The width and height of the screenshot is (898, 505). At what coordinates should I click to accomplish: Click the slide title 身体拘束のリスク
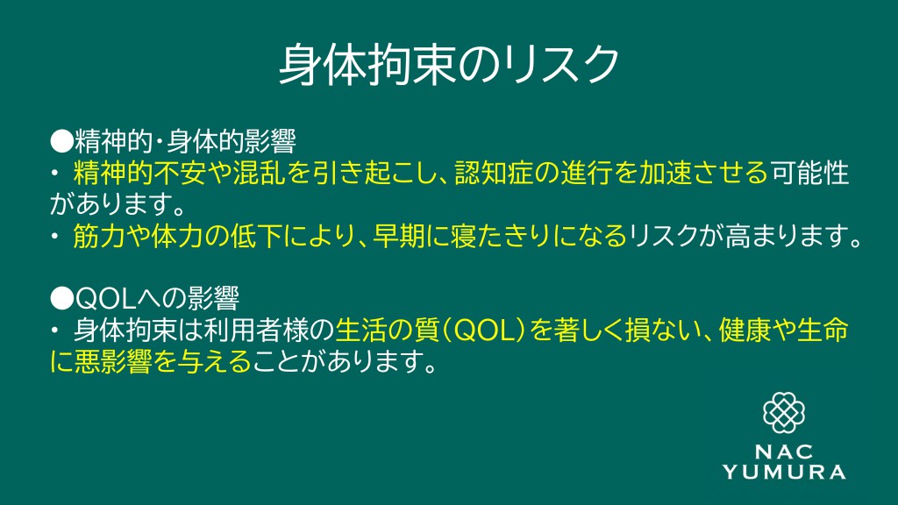(449, 65)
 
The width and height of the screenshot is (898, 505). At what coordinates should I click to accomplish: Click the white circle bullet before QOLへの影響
(62, 298)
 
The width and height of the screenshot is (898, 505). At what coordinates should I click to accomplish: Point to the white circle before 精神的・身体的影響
(62, 141)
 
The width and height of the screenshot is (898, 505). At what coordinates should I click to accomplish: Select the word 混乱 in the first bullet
(259, 173)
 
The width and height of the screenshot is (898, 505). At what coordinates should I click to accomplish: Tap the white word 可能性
(809, 173)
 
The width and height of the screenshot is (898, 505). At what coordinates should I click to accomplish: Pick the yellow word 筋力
(99, 236)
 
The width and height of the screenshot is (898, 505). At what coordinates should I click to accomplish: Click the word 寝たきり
(502, 236)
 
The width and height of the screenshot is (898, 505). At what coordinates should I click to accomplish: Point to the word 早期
(398, 236)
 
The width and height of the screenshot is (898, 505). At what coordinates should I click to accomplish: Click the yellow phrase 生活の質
(387, 330)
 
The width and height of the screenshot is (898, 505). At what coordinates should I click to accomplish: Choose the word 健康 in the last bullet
(745, 330)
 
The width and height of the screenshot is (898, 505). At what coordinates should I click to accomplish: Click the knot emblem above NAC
(784, 413)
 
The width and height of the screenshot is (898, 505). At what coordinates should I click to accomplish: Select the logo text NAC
(783, 452)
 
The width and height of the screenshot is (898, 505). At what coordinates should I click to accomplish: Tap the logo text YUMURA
(784, 472)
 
